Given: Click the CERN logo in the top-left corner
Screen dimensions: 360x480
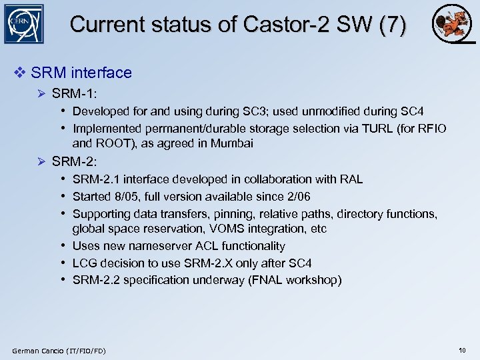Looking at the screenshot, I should [23, 24].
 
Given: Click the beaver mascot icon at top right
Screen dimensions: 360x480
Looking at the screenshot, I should [451, 25].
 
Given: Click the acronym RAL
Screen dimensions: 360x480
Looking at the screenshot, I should [351, 179].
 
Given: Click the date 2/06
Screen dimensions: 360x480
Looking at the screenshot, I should [296, 197].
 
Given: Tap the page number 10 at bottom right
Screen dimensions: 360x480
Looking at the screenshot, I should [462, 350].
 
